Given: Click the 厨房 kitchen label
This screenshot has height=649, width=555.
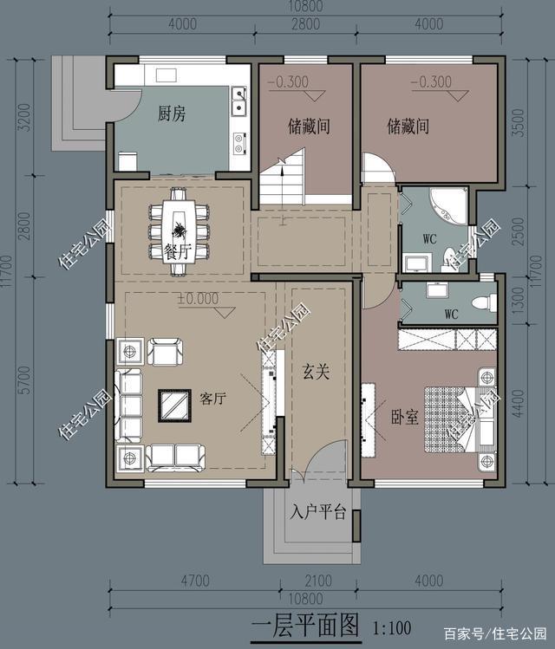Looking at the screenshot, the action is click(172, 114).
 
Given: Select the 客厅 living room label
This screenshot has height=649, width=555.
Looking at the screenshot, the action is click(212, 399).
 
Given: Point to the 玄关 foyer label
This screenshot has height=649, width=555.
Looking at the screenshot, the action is click(316, 371).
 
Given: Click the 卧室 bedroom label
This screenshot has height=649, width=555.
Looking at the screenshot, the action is click(405, 417).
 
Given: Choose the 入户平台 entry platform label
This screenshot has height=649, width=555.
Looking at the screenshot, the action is click(318, 512).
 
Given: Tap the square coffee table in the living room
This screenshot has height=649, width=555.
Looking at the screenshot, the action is click(174, 406).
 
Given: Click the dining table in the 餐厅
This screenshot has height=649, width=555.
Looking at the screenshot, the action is click(179, 230).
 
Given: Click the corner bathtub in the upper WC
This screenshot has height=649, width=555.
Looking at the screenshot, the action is click(449, 207).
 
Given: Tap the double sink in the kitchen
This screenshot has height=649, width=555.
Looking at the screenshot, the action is click(238, 101).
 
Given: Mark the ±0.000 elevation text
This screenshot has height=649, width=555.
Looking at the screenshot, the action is click(198, 298).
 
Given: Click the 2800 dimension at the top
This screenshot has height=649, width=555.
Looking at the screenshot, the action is click(305, 24).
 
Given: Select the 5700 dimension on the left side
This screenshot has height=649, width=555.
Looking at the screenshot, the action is click(24, 380).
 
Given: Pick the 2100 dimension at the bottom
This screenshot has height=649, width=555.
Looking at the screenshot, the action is click(318, 581).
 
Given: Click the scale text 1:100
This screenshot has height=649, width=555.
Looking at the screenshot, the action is click(392, 628).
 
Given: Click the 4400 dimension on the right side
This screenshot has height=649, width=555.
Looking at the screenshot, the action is click(518, 403).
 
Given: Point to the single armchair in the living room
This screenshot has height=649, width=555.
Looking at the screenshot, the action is click(165, 352).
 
